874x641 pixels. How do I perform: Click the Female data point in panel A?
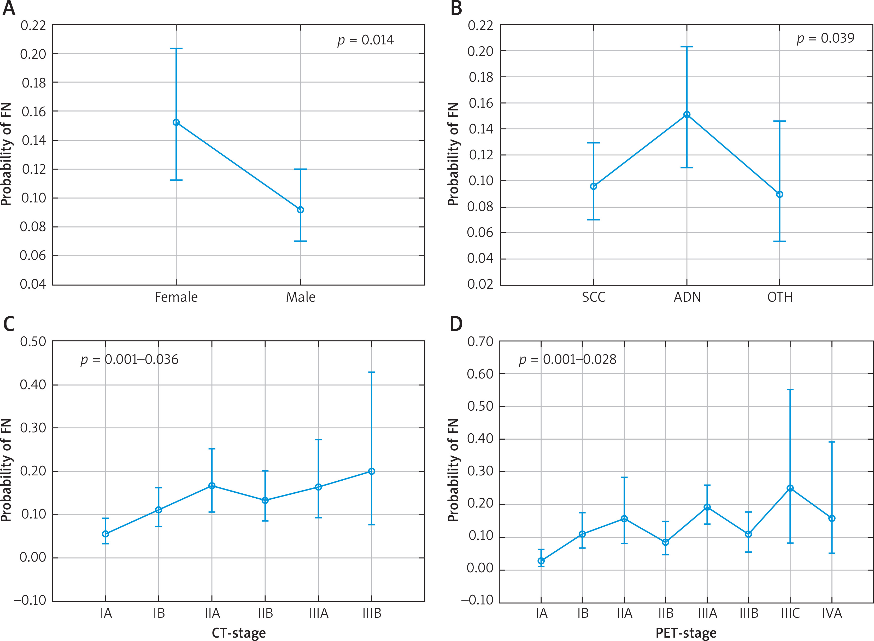(x=176, y=122)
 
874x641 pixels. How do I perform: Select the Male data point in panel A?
(x=300, y=209)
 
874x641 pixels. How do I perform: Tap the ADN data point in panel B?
(x=687, y=114)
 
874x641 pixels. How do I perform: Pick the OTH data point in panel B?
(x=779, y=194)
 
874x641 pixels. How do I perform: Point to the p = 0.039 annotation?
(x=825, y=38)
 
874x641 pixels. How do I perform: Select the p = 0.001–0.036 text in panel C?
(x=129, y=360)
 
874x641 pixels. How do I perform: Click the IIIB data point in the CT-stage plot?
(x=371, y=471)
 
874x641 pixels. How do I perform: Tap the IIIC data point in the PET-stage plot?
(x=790, y=488)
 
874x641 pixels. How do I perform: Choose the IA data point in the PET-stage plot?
(x=541, y=561)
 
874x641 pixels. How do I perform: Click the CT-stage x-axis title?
(x=239, y=633)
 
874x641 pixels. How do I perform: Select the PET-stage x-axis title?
(x=685, y=633)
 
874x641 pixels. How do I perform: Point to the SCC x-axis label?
(x=593, y=297)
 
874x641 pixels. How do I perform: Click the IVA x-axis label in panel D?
(x=832, y=613)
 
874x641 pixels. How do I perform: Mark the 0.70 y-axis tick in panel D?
(x=480, y=342)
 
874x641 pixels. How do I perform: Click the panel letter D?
(x=456, y=324)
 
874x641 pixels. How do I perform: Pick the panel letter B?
(x=456, y=9)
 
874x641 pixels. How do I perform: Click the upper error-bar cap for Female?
(x=176, y=49)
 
